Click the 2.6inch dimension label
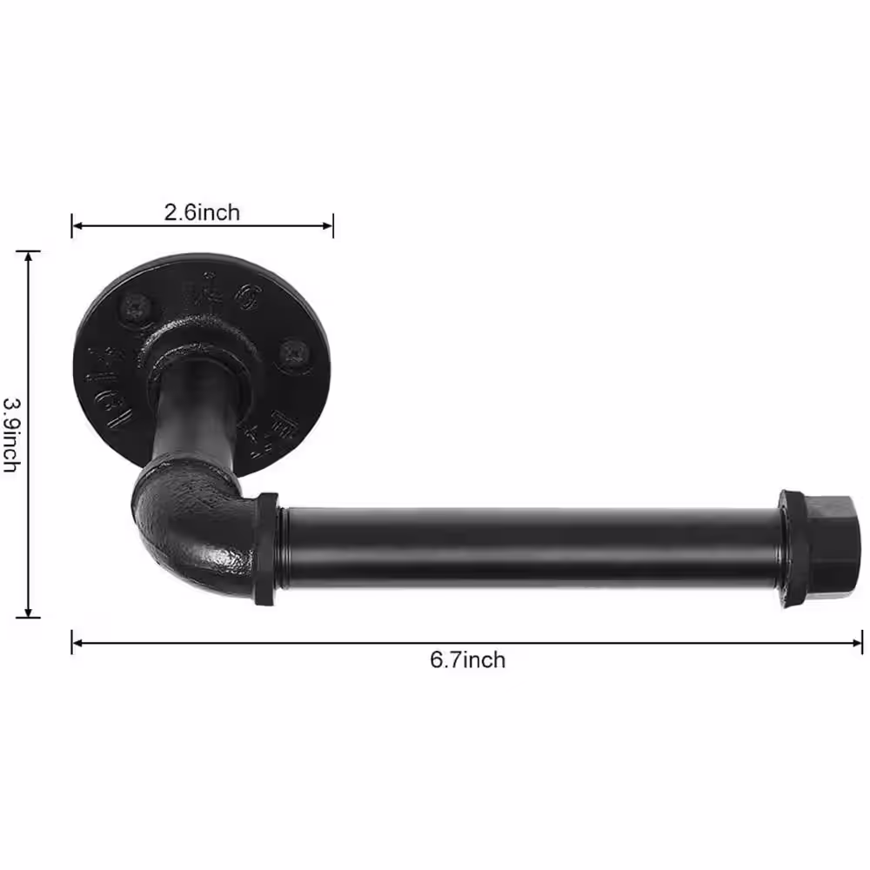click(x=202, y=211)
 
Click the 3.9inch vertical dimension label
click(x=11, y=434)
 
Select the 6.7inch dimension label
click(x=467, y=659)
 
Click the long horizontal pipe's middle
click(x=531, y=548)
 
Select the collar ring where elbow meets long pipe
click(x=266, y=548)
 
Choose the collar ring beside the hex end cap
click(x=791, y=548)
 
